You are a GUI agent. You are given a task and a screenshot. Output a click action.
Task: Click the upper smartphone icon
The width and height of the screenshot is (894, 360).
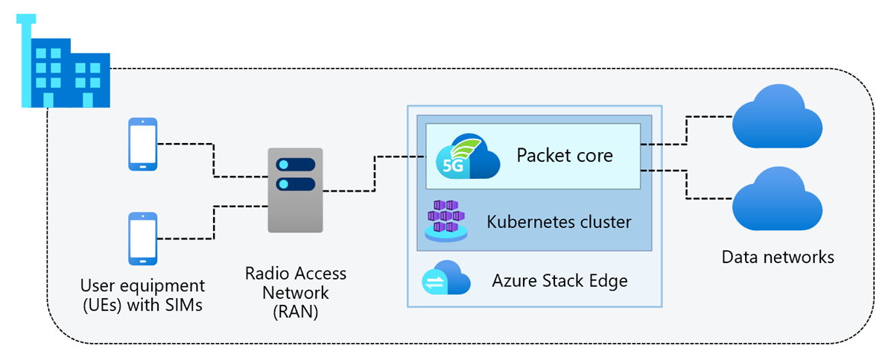(142, 145)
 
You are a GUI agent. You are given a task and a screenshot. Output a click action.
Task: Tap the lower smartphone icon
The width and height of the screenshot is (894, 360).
(142, 239)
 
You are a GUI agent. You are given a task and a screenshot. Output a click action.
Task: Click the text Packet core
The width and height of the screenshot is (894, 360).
(564, 156)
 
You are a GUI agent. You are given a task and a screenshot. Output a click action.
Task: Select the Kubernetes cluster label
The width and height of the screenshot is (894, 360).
(559, 221)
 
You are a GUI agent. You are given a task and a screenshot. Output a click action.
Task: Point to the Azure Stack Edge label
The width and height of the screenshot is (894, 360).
(559, 280)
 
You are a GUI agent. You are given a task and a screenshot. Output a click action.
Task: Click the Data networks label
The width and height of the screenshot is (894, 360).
(778, 257)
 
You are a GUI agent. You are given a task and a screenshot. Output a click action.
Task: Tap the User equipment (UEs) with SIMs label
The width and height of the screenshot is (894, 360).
(142, 294)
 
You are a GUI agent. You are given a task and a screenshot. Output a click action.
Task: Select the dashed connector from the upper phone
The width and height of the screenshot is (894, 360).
(213, 160)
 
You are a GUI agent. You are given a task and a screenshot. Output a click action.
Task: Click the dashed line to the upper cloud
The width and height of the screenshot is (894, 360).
(687, 130)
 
